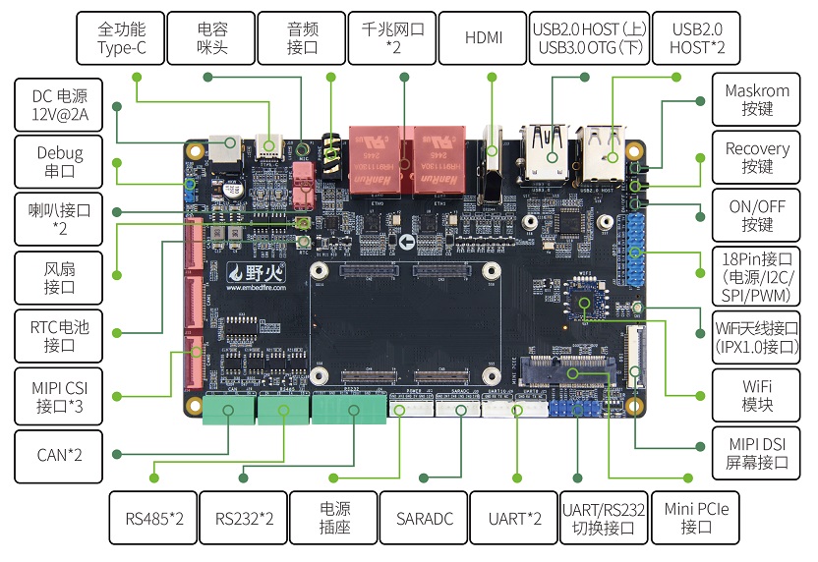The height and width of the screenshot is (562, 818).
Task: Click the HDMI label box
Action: click(x=483, y=38)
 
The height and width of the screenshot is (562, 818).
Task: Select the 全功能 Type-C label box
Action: click(x=121, y=38)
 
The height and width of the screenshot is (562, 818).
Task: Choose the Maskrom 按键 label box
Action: click(x=757, y=100)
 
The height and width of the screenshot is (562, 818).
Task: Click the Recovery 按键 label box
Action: click(x=757, y=158)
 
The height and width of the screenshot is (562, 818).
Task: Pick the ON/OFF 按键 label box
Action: click(x=757, y=216)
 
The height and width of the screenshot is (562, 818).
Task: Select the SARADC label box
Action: click(x=425, y=518)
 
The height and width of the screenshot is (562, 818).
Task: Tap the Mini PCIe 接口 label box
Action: click(x=696, y=518)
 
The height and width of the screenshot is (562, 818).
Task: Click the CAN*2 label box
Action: click(x=59, y=454)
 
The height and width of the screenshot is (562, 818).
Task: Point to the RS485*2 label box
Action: click(x=153, y=518)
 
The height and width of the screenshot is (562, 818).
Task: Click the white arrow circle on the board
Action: click(x=407, y=241)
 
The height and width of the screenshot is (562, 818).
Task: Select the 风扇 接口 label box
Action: click(x=59, y=278)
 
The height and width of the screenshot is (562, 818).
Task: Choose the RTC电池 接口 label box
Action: click(x=59, y=336)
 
